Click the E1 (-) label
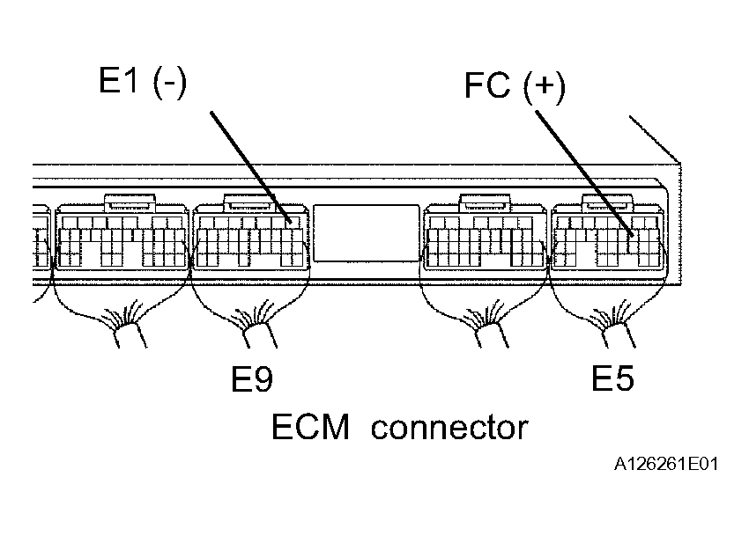(143, 82)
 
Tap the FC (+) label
(515, 87)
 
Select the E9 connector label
(252, 378)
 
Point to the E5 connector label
(613, 378)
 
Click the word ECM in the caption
(310, 427)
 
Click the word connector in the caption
(449, 428)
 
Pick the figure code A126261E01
(666, 464)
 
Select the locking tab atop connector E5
(608, 202)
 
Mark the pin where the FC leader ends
(633, 235)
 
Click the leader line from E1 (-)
(251, 167)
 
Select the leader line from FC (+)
(584, 173)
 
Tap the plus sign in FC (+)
(544, 86)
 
